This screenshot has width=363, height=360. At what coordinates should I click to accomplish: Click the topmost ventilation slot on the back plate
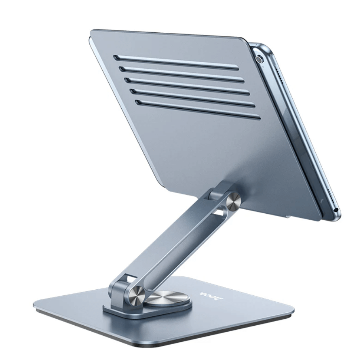coord(176,61)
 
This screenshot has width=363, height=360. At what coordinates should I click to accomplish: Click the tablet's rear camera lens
coord(259,59)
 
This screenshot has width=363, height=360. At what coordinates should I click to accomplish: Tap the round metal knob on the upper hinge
coord(233,202)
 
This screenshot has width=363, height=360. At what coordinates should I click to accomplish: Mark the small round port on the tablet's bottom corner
coord(336,211)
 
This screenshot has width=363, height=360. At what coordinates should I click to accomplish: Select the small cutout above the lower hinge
coord(128,279)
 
